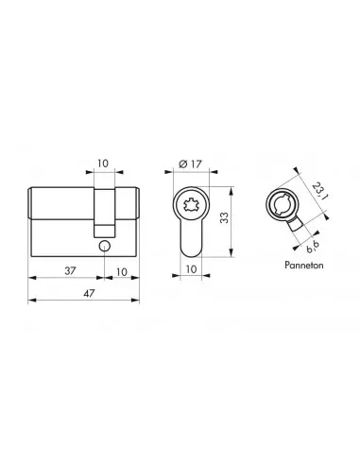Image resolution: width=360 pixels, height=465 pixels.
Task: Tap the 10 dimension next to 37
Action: tap(122, 270)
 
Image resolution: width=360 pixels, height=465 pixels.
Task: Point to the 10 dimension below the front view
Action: tap(191, 270)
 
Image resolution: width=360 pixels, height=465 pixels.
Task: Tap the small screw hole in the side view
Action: tap(103, 247)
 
